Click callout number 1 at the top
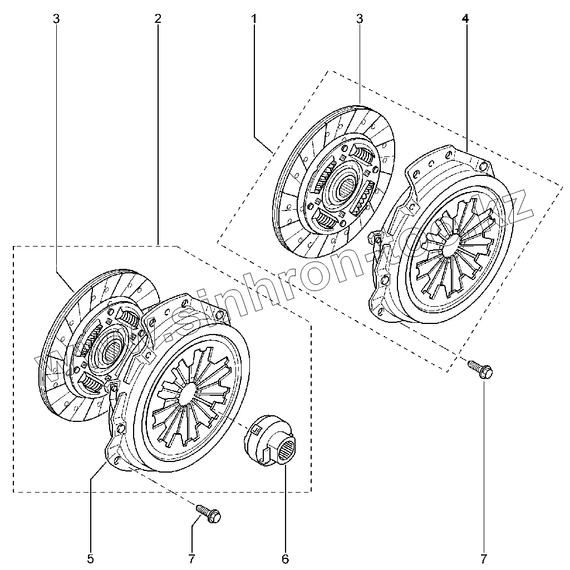(x=254, y=18)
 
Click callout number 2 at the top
(x=158, y=18)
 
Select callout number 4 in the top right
(x=465, y=18)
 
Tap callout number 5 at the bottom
(x=91, y=558)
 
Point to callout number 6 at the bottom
(x=286, y=558)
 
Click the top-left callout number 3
(x=56, y=18)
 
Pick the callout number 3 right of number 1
(x=360, y=18)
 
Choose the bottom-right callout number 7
(x=484, y=558)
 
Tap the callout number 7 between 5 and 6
(x=191, y=558)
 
